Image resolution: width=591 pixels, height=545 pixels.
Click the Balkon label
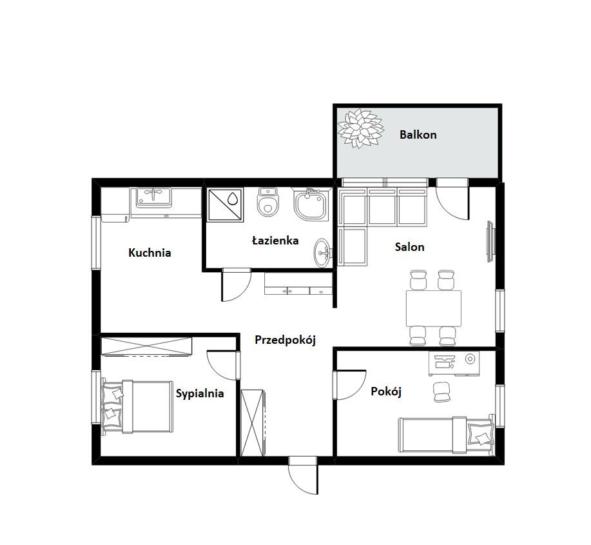pyautogui.click(x=418, y=135)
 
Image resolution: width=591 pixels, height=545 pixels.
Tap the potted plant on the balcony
pyautogui.click(x=360, y=128)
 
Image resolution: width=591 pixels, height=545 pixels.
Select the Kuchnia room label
pyautogui.click(x=150, y=252)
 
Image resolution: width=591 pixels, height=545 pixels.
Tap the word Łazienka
pyautogui.click(x=275, y=241)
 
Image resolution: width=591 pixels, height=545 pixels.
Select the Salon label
pyautogui.click(x=410, y=247)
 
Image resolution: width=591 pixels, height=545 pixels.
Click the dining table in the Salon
pyautogui.click(x=434, y=308)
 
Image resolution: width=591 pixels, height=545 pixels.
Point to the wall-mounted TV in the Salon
pyautogui.click(x=490, y=242)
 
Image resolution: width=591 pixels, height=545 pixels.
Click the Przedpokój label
pyautogui.click(x=285, y=340)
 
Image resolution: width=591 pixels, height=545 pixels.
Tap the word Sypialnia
pyautogui.click(x=200, y=394)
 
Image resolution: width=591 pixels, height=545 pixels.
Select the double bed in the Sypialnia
pyautogui.click(x=137, y=406)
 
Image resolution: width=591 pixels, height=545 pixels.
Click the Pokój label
pyautogui.click(x=386, y=391)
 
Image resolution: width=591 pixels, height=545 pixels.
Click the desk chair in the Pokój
pyautogui.click(x=441, y=392)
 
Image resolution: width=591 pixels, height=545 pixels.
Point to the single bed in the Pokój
pyautogui.click(x=447, y=435)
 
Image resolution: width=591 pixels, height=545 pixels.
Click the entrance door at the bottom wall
pyautogui.click(x=303, y=475)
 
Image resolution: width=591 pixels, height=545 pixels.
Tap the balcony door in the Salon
pyautogui.click(x=452, y=199)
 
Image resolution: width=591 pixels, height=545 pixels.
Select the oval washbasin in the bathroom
pyautogui.click(x=322, y=253)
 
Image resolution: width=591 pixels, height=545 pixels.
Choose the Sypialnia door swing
pyautogui.click(x=224, y=364)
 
